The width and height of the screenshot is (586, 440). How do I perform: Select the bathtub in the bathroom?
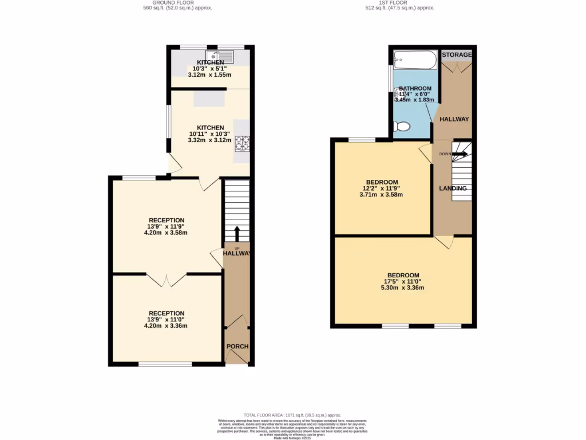415,58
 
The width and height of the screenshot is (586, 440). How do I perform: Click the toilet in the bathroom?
402,126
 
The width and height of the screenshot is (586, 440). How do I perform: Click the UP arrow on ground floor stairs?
236,234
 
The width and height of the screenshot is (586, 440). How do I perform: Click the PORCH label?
236,347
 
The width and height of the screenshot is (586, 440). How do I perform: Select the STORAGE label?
457,55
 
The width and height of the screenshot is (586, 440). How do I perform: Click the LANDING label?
453,188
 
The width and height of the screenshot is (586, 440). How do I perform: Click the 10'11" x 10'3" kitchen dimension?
210,134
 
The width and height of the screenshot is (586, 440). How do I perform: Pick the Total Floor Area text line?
292,415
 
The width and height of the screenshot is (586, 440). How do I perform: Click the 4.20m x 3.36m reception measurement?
166,325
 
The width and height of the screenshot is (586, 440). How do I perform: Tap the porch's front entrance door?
236,357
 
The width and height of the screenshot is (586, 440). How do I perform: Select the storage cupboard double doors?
457,66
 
